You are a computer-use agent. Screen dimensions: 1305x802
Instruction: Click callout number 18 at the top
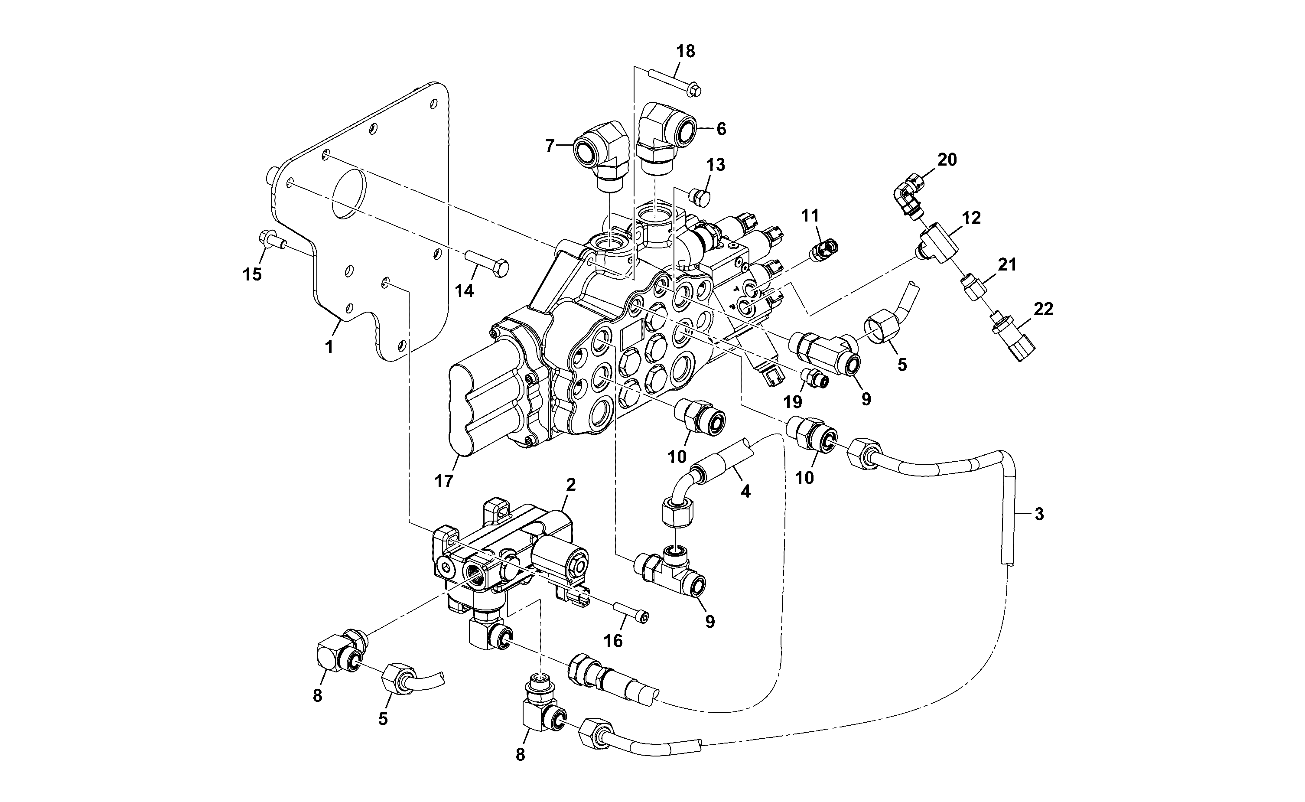tap(686, 52)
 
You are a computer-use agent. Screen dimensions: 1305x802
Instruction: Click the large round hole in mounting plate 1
tap(349, 195)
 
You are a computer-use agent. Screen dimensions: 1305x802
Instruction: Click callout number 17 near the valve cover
tap(444, 481)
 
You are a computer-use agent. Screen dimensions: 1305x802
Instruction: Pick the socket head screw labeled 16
tap(631, 610)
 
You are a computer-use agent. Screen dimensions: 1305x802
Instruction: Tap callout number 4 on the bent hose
tap(745, 492)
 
